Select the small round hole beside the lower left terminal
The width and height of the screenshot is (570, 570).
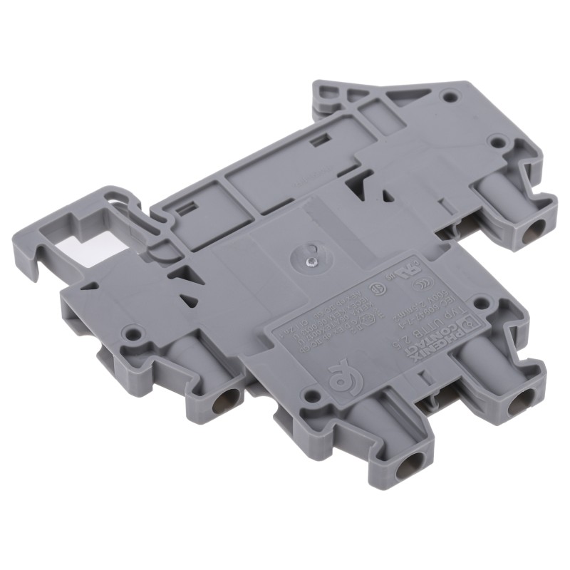click(x=131, y=331)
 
